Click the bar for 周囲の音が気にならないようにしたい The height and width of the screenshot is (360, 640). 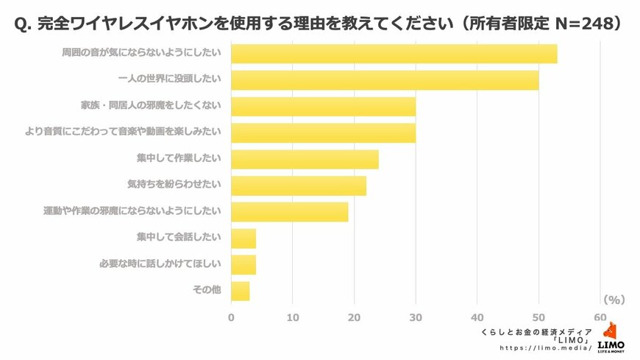point(394,54)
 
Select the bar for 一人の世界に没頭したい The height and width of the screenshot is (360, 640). point(385,80)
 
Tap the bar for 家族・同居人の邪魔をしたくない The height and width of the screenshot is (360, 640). point(323,106)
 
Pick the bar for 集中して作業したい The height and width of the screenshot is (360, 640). point(305,159)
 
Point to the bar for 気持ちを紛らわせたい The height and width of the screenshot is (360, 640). point(299,186)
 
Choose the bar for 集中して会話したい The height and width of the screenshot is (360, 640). point(243,239)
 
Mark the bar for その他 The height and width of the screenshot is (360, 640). point(241,291)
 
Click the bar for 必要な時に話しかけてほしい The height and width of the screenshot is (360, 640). point(243,264)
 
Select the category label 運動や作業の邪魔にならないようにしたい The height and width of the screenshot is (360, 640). point(132,211)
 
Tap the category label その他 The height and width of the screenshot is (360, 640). point(206,291)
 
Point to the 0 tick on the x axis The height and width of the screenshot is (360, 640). point(231,317)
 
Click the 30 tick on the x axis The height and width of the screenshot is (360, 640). point(416,317)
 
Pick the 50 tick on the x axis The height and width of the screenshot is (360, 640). point(538,317)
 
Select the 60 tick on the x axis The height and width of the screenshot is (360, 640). point(600,317)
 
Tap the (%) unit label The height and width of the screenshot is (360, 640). point(614,300)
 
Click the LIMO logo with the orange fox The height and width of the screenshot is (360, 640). point(611,339)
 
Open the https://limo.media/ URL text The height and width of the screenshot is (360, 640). point(545,348)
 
